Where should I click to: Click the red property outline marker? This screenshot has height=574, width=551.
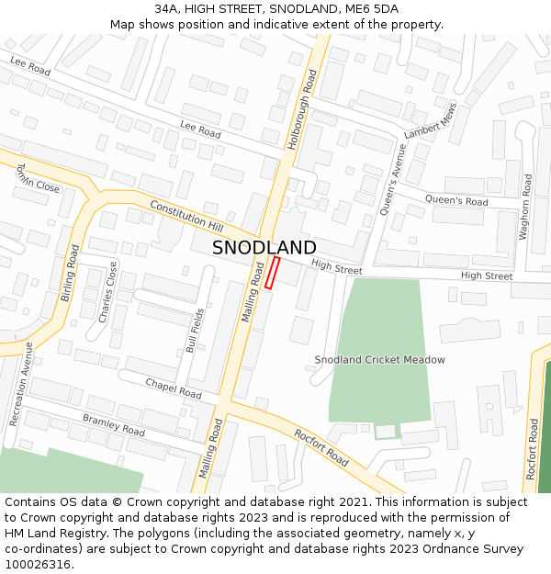coord(272,273)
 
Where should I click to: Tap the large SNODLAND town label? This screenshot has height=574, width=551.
coord(264,248)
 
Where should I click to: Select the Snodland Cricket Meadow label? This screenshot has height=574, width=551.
coord(379,360)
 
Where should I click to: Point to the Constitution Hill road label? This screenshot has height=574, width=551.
coord(186,215)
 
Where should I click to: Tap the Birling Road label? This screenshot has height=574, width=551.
coord(69,273)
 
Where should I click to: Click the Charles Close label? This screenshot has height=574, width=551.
coord(108,292)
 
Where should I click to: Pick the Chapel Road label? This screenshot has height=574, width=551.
coord(173,388)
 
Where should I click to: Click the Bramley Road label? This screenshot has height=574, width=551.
coord(114,424)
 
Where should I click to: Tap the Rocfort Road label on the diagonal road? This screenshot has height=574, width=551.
coord(320,447)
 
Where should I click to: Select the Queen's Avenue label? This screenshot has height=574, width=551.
coord(393,178)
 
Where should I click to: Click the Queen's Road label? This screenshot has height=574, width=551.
coord(455,201)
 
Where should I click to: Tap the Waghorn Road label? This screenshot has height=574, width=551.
coord(525,208)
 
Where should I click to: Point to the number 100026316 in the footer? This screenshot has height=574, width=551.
coord(39,564)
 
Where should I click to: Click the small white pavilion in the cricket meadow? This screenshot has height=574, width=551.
coord(386,431)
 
